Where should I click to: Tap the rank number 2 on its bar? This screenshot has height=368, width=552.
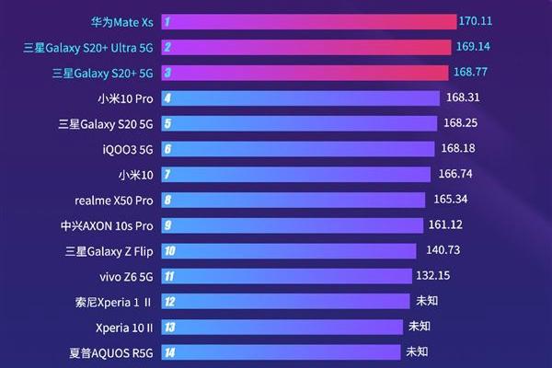coord(167,46)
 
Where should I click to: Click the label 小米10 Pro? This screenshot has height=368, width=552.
coord(125,97)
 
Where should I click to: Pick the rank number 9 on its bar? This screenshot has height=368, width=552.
coord(167,224)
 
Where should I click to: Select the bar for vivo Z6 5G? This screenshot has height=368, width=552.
coord(285,275)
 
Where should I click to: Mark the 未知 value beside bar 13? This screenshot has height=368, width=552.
coord(420,326)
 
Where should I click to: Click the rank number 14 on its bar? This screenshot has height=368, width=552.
coord(169,351)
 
